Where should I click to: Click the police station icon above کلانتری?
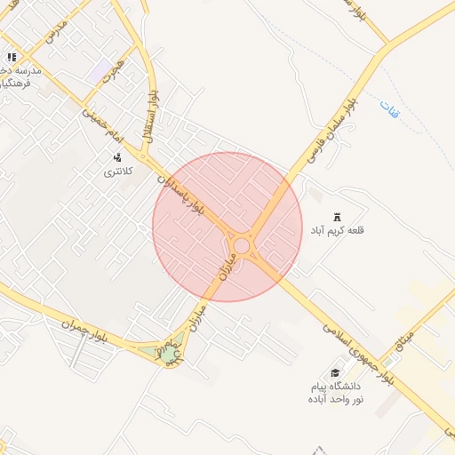117,156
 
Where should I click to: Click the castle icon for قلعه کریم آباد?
337,217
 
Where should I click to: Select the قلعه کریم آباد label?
337,231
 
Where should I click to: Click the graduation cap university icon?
335,373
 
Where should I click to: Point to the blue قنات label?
389,111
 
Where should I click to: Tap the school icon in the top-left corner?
11,58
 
